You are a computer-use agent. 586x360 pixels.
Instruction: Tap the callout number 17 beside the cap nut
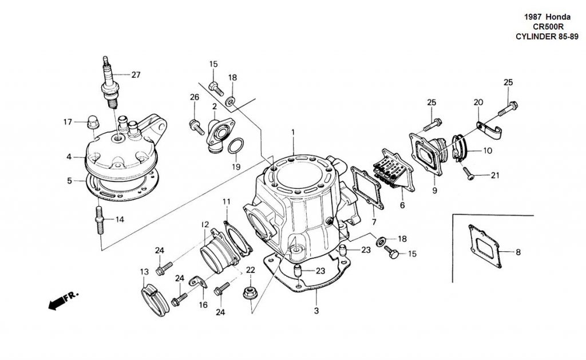68,121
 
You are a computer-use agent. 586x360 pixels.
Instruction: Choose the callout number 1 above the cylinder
292,132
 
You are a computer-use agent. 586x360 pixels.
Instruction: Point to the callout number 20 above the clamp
478,102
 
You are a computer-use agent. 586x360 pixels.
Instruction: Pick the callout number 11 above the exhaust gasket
227,201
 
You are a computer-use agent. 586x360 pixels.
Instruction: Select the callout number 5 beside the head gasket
69,181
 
